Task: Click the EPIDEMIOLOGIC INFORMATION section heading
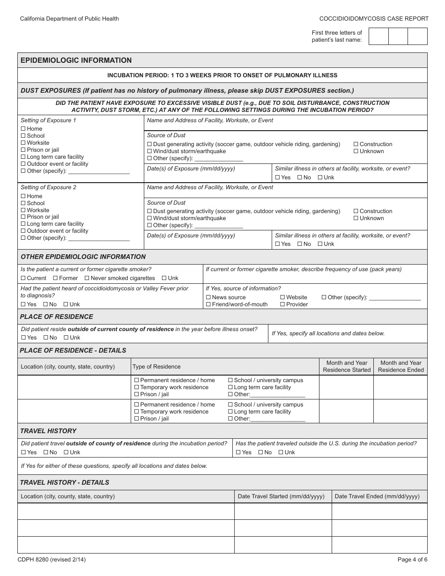pyautogui.click(x=76, y=60)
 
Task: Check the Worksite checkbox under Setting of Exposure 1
pyautogui.click(x=23, y=143)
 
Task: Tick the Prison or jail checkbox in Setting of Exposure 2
pyautogui.click(x=23, y=217)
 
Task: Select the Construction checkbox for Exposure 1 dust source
pyautogui.click(x=356, y=145)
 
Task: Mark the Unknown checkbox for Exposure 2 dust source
pyautogui.click(x=356, y=219)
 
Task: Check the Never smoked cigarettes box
pyautogui.click(x=87, y=278)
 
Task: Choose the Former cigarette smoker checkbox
pyautogui.click(x=56, y=278)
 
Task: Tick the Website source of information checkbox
pyautogui.click(x=282, y=297)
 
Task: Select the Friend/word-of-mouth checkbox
pyautogui.click(x=208, y=304)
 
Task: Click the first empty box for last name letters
pyautogui.click(x=378, y=36)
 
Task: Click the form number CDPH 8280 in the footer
pyautogui.click(x=52, y=560)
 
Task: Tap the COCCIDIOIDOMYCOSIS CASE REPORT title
pyautogui.click(x=374, y=19)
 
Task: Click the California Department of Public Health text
pyautogui.click(x=69, y=19)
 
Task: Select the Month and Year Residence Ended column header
pyautogui.click(x=400, y=366)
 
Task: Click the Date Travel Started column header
pyautogui.click(x=281, y=496)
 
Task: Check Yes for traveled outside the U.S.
pyautogui.click(x=238, y=452)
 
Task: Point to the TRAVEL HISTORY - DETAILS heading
pyautogui.click(x=65, y=482)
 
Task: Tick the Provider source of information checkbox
pyautogui.click(x=282, y=304)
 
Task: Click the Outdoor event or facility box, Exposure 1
pyautogui.click(x=23, y=164)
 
